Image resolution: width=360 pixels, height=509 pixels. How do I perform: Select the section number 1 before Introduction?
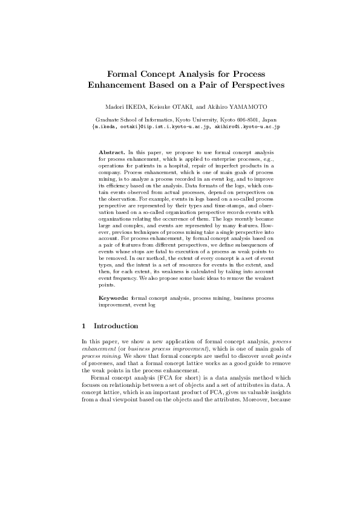coord(83,326)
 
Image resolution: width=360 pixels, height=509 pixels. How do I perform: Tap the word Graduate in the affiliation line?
coord(109,120)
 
